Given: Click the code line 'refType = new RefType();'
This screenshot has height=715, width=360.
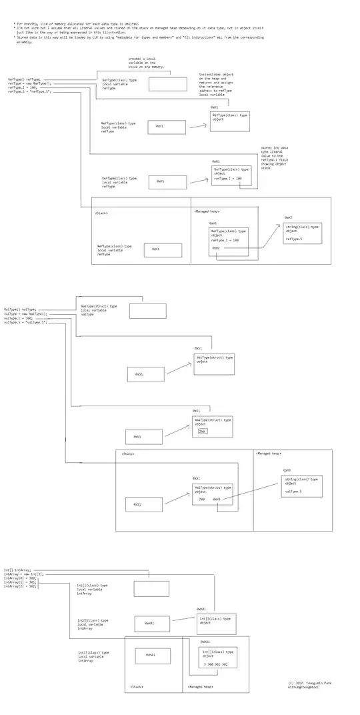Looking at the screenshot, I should pos(29,84).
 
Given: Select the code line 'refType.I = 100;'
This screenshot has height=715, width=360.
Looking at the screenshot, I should pos(23,87).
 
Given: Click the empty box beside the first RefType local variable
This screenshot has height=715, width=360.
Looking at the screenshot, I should pos(167,84).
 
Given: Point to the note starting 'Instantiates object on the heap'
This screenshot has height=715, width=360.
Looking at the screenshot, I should pos(217,85).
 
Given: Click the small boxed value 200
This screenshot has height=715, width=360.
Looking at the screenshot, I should pos(203,432).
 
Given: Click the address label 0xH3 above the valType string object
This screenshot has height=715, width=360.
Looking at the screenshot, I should pos(287,470).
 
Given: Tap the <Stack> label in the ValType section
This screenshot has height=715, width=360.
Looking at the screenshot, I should pos(128,454).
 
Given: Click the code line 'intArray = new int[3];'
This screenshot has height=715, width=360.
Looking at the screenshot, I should pos(24,574).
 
